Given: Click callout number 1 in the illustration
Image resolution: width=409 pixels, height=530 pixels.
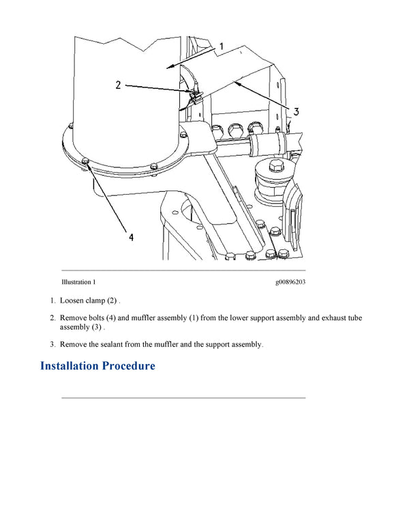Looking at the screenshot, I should click(x=221, y=46).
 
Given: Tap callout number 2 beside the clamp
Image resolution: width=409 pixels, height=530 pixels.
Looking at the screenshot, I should click(x=118, y=85).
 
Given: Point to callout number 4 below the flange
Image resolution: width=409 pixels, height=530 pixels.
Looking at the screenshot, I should click(x=131, y=237).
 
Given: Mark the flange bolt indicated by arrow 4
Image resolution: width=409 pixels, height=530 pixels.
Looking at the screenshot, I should click(x=85, y=161).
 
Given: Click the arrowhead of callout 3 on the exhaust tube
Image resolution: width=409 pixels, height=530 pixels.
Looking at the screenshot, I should click(x=235, y=83).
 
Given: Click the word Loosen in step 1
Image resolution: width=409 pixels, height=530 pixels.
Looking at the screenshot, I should click(x=73, y=301).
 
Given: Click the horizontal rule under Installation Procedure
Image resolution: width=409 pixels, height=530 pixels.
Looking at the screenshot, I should click(x=183, y=397).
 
